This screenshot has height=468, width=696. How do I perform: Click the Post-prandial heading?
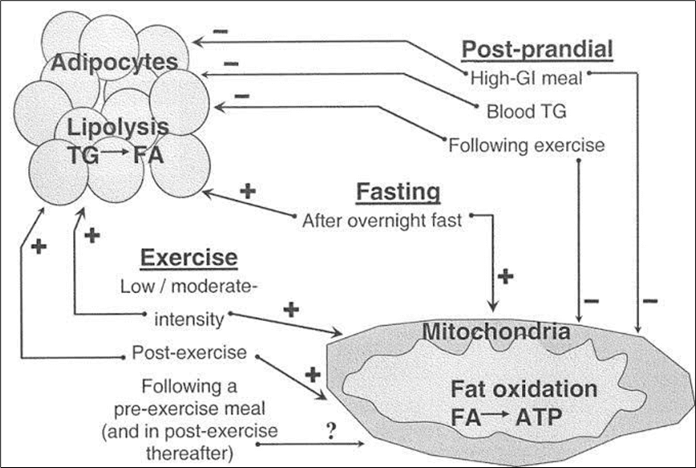coord(538,49)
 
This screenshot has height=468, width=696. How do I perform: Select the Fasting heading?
coord(398,193)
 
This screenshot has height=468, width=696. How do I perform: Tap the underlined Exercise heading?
coord(189,257)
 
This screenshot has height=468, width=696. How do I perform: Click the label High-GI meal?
coord(526,78)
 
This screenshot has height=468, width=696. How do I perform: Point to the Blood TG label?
coord(526,111)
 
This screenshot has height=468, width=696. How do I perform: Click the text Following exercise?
coord(526,145)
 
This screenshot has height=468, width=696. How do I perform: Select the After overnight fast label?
coord(382,221)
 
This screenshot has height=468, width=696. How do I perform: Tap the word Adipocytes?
coord(115,62)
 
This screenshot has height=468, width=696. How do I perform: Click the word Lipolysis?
coord(118,127)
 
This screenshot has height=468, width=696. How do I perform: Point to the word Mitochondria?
coord(496,332)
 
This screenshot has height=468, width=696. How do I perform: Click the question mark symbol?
coord(331,431)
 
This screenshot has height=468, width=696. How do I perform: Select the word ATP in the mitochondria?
coord(539,417)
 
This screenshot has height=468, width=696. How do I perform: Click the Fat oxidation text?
coord(524,389)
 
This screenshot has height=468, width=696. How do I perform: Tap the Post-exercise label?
coord(189,352)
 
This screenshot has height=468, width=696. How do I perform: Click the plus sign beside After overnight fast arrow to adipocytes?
coord(248,191)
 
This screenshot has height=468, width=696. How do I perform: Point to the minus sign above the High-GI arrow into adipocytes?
coord(221,31)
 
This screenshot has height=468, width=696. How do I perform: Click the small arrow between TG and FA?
coord(116,152)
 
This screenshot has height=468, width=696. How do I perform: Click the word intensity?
coord(189,320)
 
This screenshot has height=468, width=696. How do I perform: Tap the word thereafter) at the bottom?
coord(189,454)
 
